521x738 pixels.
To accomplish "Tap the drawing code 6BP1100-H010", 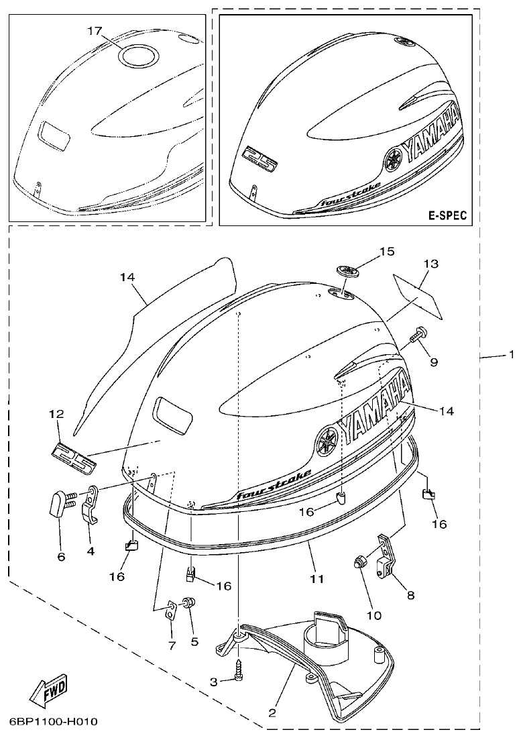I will click(54, 722).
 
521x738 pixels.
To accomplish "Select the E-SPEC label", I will click(447, 215).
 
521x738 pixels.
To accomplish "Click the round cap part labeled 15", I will click(347, 270).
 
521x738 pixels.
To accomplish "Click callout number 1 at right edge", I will click(510, 354).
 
